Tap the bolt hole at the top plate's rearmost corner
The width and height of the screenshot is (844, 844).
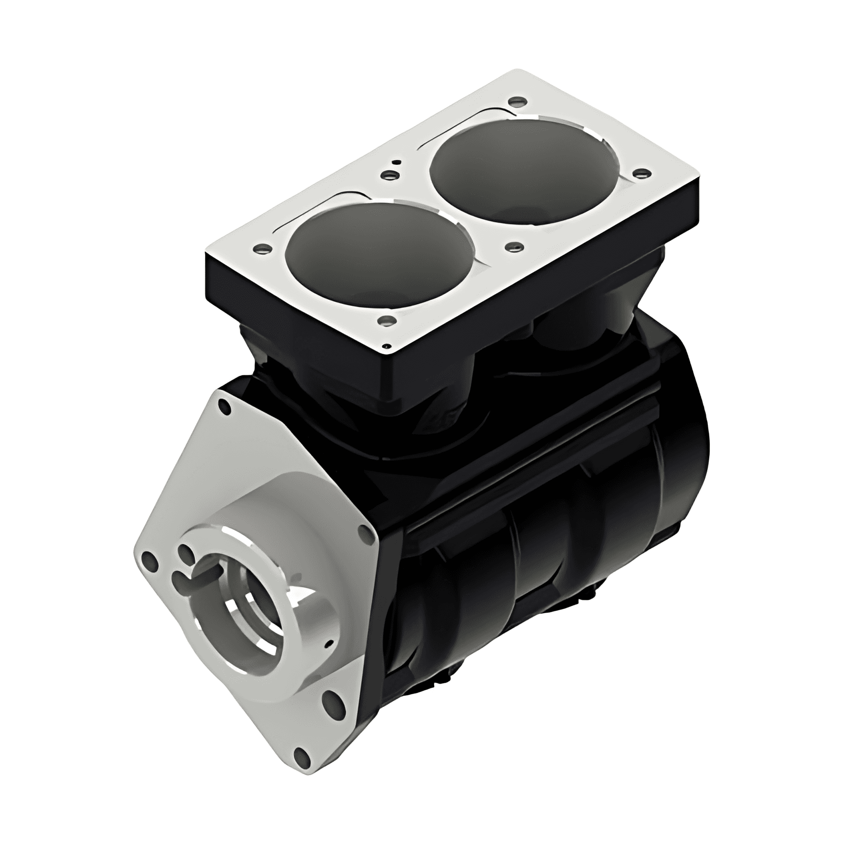point(513,101)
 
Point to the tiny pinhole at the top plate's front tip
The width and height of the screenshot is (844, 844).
point(386,346)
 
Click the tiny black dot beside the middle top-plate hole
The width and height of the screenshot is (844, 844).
point(397,162)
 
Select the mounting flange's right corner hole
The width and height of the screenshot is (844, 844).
point(363,536)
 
